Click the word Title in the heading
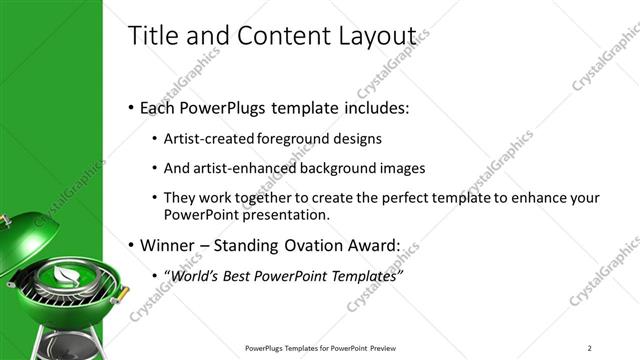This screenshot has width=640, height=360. click(153, 35)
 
